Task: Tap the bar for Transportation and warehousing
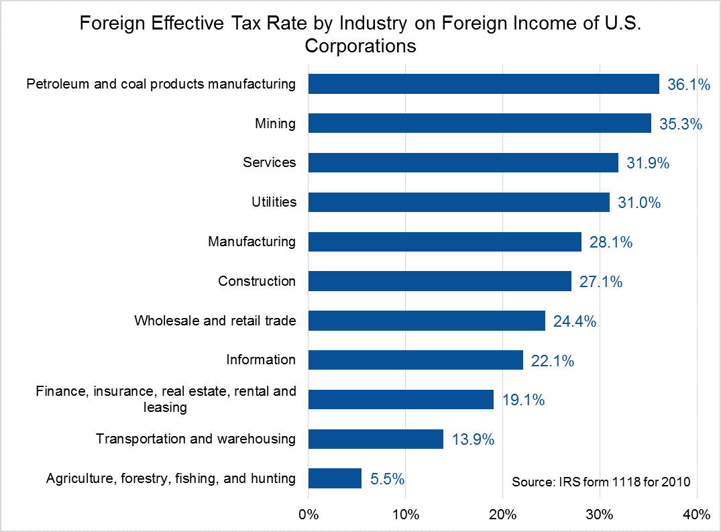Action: pos(376,439)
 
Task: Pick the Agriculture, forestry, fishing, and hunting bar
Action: pos(335,478)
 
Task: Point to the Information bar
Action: pos(415,360)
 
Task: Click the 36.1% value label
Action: pos(689,85)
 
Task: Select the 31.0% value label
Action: pos(639,203)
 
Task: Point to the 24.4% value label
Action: pos(575,321)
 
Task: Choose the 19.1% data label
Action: pos(523,401)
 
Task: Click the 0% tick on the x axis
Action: pos(308,515)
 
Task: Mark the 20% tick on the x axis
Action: pos(502,515)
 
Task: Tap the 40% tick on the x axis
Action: pos(696,515)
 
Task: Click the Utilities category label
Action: pos(274,202)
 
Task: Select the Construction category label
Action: pos(257,281)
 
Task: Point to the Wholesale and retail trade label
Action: pos(215,321)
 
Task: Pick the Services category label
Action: pos(270,163)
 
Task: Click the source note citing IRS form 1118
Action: pos(601,482)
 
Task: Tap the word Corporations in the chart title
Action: pos(360,46)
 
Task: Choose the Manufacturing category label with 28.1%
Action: pos(252,242)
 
